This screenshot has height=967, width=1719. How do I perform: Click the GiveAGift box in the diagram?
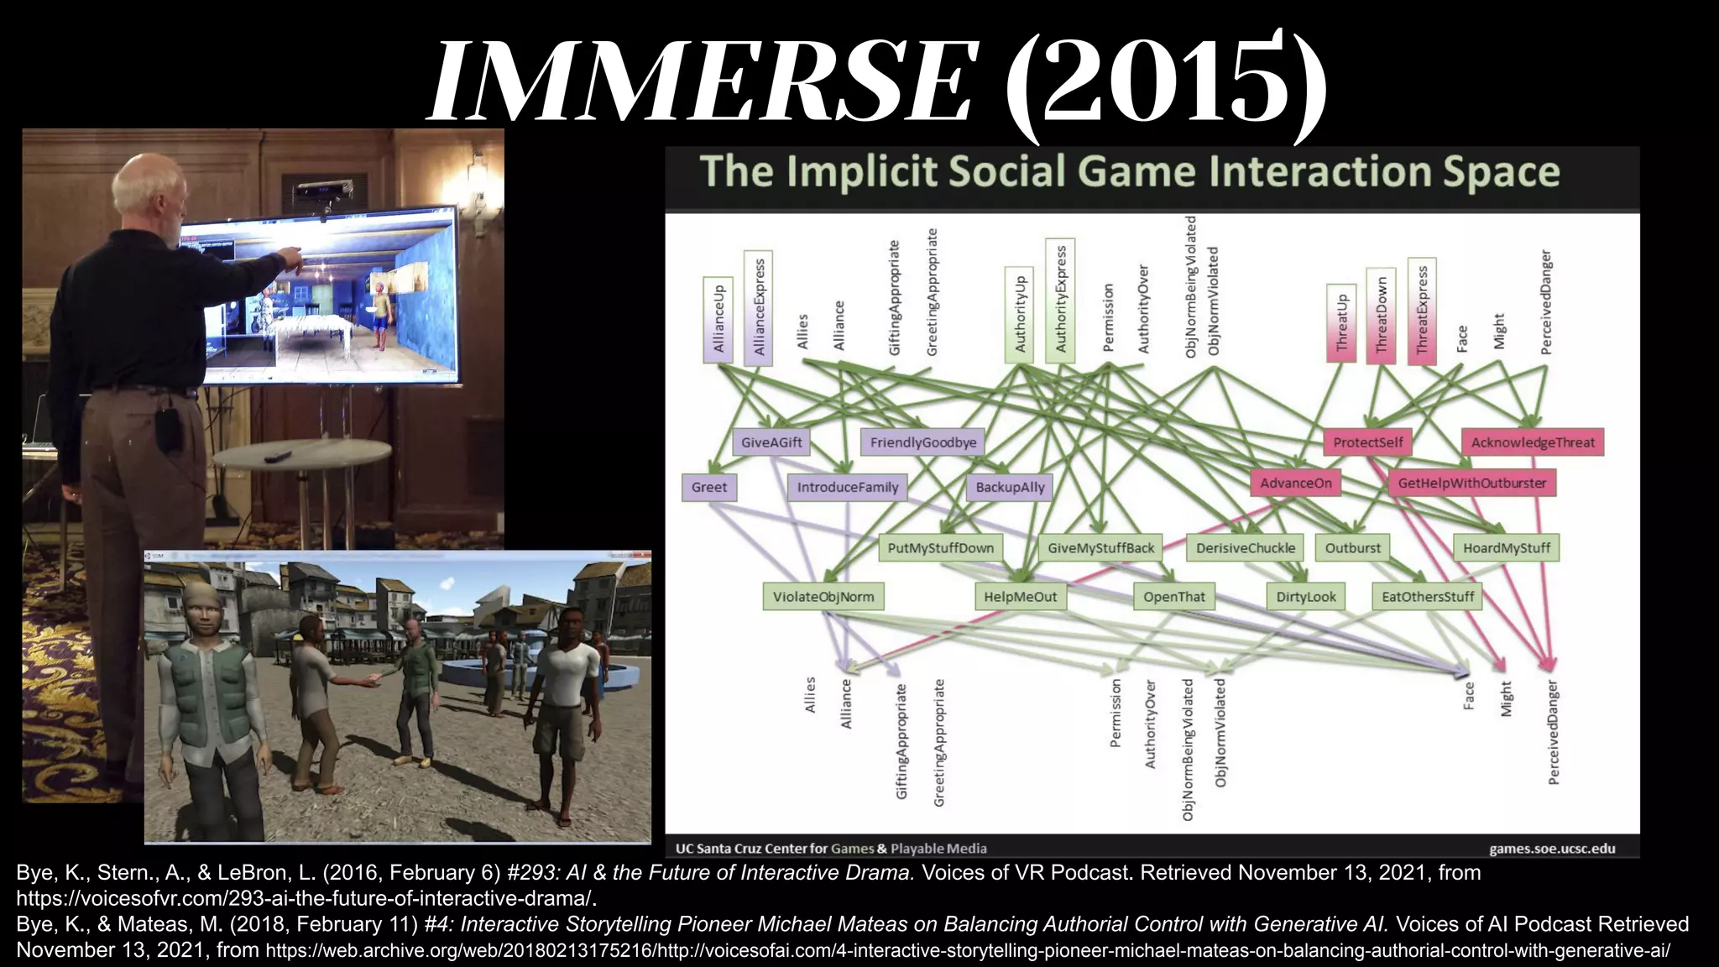(771, 442)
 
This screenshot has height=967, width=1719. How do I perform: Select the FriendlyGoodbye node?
(922, 442)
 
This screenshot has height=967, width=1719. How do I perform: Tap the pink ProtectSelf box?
(1367, 442)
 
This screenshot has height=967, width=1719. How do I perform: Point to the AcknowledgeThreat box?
(1532, 442)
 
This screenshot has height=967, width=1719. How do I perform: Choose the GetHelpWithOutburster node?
(1471, 483)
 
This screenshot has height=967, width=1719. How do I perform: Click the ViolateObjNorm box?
(823, 597)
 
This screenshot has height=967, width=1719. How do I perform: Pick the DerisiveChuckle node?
(1245, 548)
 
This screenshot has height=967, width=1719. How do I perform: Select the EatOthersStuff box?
(1427, 597)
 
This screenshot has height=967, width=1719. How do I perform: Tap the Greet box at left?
(708, 487)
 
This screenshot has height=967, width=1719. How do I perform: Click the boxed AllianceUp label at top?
(718, 320)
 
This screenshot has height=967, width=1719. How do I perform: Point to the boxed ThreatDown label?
(1381, 316)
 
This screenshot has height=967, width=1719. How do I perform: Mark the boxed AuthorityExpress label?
(1060, 300)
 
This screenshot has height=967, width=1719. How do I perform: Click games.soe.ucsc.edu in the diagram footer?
(1551, 849)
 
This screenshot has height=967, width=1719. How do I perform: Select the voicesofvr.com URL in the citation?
(306, 898)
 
